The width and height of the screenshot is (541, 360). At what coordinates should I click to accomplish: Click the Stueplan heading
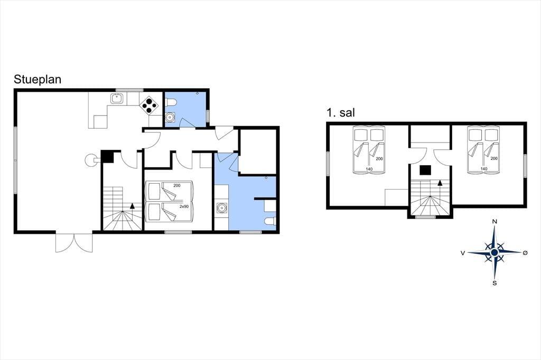pyautogui.click(x=38, y=80)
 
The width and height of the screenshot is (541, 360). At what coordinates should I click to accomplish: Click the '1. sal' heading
pyautogui.click(x=341, y=113)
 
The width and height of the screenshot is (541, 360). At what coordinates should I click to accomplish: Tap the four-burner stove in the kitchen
pyautogui.click(x=149, y=105)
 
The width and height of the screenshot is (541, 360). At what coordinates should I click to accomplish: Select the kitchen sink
pyautogui.click(x=117, y=99)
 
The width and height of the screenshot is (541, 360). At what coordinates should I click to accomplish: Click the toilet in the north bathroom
pyautogui.click(x=172, y=102)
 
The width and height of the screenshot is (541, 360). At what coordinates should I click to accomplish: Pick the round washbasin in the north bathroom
pyautogui.click(x=170, y=117)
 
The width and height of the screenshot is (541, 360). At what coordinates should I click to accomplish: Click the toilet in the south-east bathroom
pyautogui.click(x=269, y=221)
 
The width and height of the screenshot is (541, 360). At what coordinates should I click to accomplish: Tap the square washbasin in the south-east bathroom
pyautogui.click(x=221, y=208)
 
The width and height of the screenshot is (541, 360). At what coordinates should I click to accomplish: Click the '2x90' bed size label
pyautogui.click(x=184, y=206)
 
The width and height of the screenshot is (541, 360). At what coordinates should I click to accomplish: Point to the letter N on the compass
pyautogui.click(x=495, y=222)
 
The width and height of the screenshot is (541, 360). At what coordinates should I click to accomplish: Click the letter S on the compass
pyautogui.click(x=495, y=283)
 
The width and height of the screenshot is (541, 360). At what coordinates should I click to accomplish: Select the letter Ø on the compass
pyautogui.click(x=525, y=253)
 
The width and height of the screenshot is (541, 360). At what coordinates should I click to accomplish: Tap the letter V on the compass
pyautogui.click(x=463, y=253)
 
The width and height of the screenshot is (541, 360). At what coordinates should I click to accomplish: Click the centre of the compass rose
pyautogui.click(x=495, y=253)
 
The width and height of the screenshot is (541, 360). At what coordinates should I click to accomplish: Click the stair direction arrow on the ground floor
pyautogui.click(x=132, y=206)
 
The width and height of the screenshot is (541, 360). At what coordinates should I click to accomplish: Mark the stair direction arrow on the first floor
pyautogui.click(x=440, y=183)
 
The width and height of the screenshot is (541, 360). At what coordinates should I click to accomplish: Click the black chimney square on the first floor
pyautogui.click(x=425, y=170)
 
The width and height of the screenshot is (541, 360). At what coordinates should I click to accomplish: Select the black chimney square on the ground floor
pyautogui.click(x=108, y=157)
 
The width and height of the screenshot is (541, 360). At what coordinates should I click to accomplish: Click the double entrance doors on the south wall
pyautogui.click(x=74, y=243)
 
